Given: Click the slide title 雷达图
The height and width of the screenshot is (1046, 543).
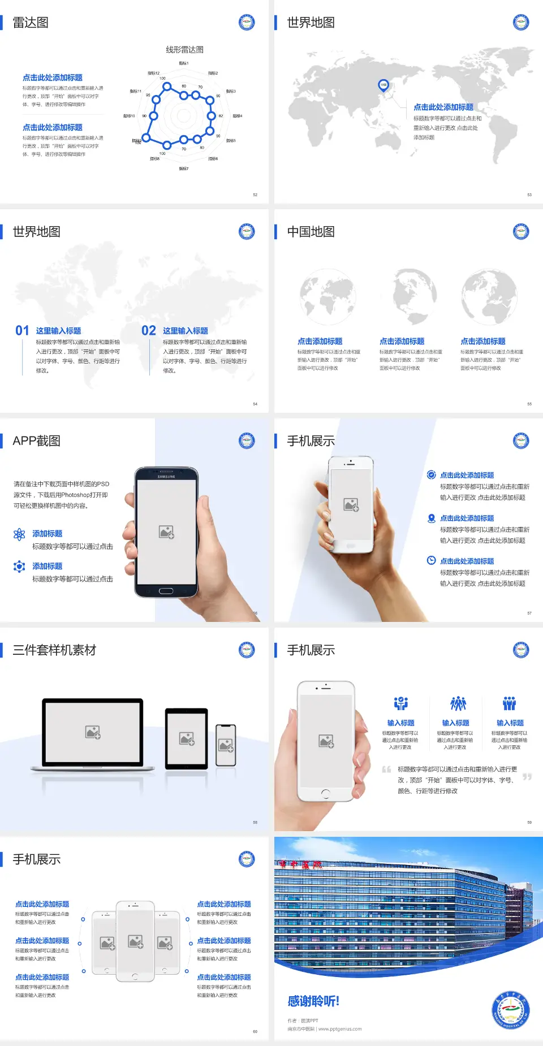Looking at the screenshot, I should (31, 23).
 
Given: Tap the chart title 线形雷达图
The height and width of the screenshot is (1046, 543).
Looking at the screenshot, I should (184, 50).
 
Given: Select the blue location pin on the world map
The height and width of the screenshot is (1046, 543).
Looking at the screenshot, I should (383, 85).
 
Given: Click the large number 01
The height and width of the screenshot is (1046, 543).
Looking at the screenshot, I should (22, 331).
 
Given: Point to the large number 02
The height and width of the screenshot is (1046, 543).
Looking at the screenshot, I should (149, 331).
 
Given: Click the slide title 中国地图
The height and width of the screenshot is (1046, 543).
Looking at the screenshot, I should (311, 232).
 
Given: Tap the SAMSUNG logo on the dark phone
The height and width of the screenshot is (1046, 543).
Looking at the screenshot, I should (166, 477).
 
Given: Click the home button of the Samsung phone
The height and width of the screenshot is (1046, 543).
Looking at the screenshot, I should (166, 591).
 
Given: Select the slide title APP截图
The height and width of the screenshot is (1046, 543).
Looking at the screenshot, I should (36, 441).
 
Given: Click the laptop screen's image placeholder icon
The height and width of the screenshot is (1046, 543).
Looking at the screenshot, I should (93, 732).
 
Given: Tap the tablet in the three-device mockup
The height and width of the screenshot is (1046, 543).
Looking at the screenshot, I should (187, 738).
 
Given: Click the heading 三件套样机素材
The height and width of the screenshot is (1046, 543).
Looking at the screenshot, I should (54, 650).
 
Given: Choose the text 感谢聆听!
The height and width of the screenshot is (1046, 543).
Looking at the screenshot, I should (313, 1001).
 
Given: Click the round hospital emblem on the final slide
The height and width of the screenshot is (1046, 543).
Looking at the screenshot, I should (511, 1010).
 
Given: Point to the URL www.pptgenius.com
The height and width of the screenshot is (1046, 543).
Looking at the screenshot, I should (340, 1029).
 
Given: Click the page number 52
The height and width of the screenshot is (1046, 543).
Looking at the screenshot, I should (255, 195).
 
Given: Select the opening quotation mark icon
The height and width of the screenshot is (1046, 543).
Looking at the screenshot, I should (386, 770).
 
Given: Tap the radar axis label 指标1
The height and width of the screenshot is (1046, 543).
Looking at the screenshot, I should (184, 63).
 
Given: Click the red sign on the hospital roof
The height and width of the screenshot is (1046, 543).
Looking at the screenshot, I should (300, 865).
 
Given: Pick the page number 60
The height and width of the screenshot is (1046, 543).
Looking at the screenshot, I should (255, 1032).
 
